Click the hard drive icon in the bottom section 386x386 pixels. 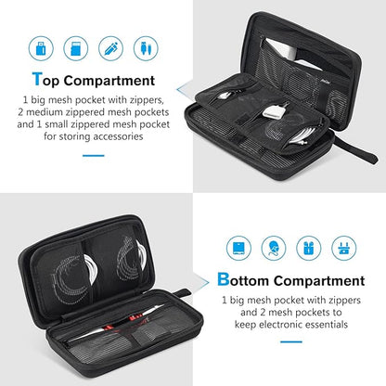pyautogui.click(x=239, y=247)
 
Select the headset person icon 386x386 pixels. pyautogui.click(x=272, y=247)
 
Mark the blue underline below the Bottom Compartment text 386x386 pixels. pyautogui.click(x=288, y=346)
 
